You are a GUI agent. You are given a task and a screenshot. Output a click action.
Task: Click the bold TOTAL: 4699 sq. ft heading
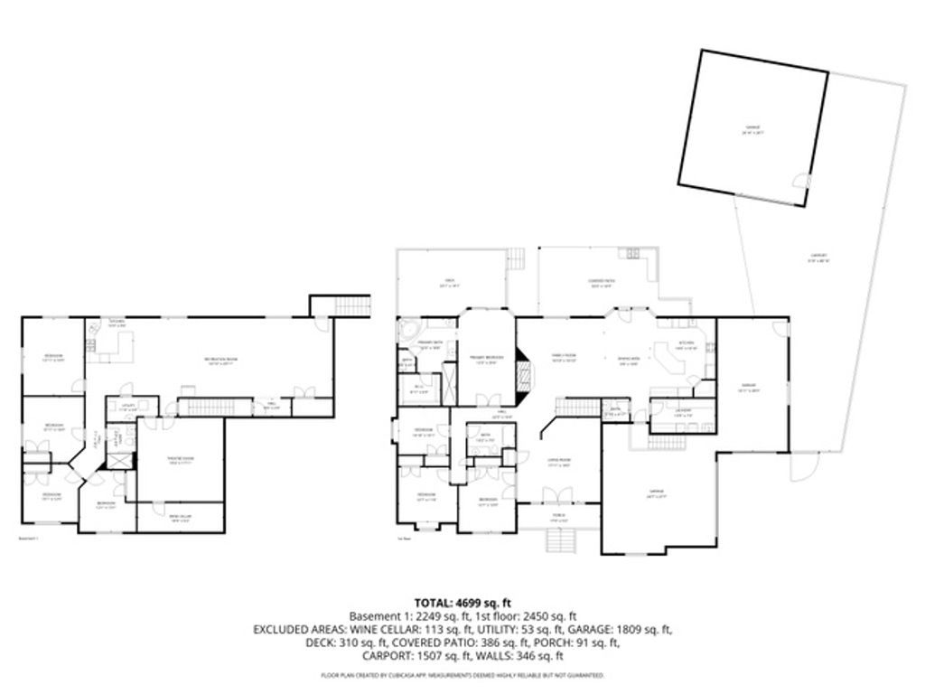pyautogui.click(x=462, y=602)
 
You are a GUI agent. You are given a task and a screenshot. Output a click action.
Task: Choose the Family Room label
pyautogui.click(x=565, y=358)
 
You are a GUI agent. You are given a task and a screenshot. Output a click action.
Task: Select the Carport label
pyautogui.click(x=819, y=257)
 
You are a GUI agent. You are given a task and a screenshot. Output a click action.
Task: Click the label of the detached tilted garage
pyautogui.click(x=752, y=129)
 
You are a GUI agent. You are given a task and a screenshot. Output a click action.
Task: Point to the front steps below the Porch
pyautogui.click(x=560, y=543)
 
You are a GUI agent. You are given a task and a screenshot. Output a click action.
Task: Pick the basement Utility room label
pyautogui.click(x=129, y=407)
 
